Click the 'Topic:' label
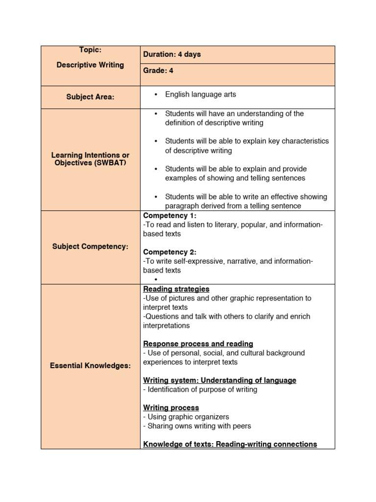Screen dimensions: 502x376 pyautogui.click(x=90, y=50)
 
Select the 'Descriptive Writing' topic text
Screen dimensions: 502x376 pyautogui.click(x=90, y=65)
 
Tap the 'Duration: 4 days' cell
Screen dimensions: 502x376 pyautogui.click(x=172, y=54)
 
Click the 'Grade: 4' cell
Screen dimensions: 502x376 pyautogui.click(x=158, y=71)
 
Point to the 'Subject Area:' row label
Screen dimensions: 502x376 pyautogui.click(x=90, y=97)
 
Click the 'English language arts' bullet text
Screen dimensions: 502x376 pyautogui.click(x=200, y=94)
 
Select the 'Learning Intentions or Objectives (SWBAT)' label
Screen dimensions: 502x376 pyautogui.click(x=90, y=159)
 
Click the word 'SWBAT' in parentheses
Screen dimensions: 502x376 pyautogui.click(x=111, y=163)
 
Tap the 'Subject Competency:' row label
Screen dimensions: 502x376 pyautogui.click(x=90, y=247)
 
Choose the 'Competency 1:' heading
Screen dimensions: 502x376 pyautogui.click(x=169, y=216)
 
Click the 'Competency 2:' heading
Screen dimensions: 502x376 pyautogui.click(x=169, y=252)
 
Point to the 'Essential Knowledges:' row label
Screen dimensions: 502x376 pyautogui.click(x=90, y=366)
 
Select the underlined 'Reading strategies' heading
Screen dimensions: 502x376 pyautogui.click(x=176, y=289)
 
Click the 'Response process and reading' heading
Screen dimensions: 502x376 pyautogui.click(x=198, y=344)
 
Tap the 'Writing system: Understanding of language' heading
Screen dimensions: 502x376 pyautogui.click(x=219, y=380)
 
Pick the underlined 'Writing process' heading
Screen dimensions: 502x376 pyautogui.click(x=171, y=408)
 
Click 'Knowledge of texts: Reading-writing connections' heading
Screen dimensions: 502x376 pyautogui.click(x=230, y=444)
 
